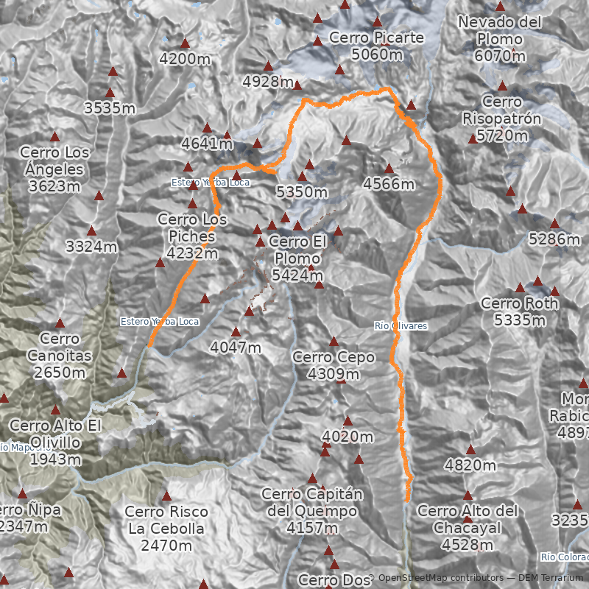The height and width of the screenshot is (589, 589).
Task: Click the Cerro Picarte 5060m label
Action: (376, 45)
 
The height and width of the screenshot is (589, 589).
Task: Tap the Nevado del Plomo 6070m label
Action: (500, 39)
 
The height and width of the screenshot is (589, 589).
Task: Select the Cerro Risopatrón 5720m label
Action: (501, 119)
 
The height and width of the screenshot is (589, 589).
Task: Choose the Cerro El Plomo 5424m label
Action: (297, 258)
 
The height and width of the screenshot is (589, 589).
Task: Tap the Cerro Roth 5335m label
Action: (519, 311)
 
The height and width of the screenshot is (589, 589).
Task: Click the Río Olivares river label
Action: (401, 325)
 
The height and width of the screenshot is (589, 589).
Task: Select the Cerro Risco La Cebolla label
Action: (166, 529)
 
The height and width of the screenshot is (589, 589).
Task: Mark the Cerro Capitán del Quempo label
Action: (309, 510)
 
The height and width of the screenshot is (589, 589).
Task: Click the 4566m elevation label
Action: (388, 184)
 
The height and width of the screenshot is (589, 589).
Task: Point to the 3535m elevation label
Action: (110, 109)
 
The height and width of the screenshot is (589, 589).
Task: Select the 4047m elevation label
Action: (236, 347)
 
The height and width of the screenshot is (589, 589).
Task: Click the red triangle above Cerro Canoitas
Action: (60, 322)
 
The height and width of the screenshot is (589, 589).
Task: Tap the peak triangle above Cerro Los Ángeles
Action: (54, 136)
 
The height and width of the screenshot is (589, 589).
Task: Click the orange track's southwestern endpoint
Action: (149, 345)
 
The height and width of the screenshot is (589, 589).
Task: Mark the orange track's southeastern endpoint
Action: (407, 501)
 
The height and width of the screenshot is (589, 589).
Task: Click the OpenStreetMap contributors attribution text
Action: (425, 579)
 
